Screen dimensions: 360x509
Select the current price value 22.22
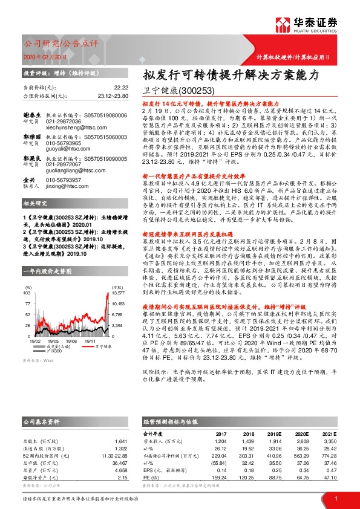[120, 88]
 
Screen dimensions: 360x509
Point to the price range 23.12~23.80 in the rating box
[113, 96]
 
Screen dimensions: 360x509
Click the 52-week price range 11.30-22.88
[113, 455]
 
